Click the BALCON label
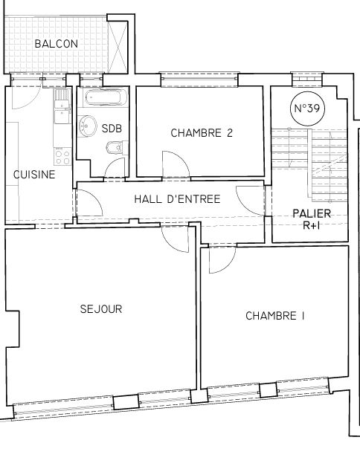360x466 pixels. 57,44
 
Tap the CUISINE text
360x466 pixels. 34,175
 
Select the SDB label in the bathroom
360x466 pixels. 112,129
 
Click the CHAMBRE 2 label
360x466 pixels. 202,133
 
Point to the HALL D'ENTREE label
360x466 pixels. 177,199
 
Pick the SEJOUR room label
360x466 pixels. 101,309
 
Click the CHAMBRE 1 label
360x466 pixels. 275,316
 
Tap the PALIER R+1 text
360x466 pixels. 312,219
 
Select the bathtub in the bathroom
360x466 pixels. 106,98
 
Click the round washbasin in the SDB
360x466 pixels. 88,126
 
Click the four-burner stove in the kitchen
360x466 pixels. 62,157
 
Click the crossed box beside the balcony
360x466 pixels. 118,47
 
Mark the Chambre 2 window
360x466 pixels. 199,80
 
